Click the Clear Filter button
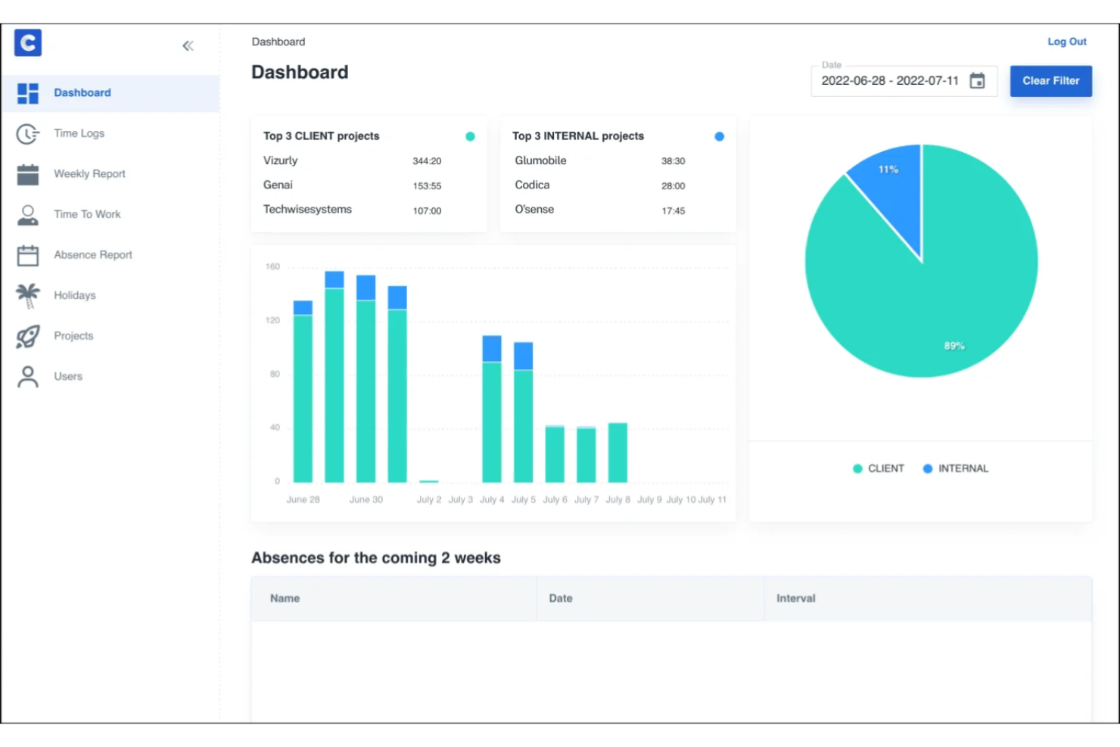(x=1050, y=81)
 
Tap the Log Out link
(x=1066, y=42)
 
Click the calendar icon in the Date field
(x=977, y=81)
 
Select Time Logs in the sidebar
(x=79, y=133)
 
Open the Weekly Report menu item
(x=89, y=174)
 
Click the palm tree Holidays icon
(x=28, y=295)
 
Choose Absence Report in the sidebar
(x=92, y=255)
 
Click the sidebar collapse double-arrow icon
(x=188, y=46)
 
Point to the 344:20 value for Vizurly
(x=427, y=161)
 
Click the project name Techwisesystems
(x=307, y=210)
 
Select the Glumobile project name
(x=540, y=160)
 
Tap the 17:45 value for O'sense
(x=673, y=211)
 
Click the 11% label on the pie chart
(x=888, y=170)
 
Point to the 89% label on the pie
(x=954, y=346)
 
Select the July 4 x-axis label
(x=492, y=500)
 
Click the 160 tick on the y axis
(x=272, y=267)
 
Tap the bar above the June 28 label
(x=303, y=394)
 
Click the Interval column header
(x=795, y=599)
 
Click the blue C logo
(x=28, y=43)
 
